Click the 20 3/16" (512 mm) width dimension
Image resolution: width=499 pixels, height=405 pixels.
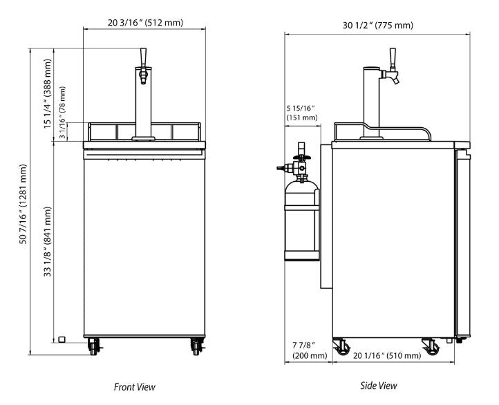tap(145, 23)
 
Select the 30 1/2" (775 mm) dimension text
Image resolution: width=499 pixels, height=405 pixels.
tap(377, 26)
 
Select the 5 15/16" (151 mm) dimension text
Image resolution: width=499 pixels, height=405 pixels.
tap(301, 113)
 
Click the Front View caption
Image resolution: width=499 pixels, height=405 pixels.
tap(134, 387)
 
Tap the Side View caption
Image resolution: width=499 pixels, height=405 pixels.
tap(379, 386)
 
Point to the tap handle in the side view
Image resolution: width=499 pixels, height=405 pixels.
tap(393, 57)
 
